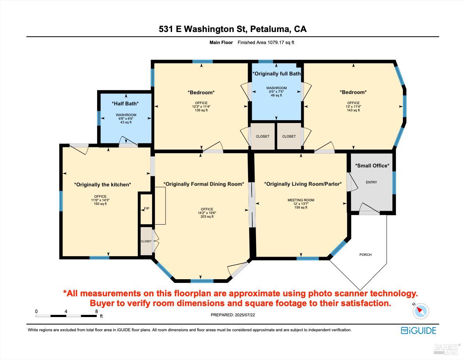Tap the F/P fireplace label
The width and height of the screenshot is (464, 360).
coord(147,209)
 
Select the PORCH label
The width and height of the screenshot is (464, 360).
coord(365,255)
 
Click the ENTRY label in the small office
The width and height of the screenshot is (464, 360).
coord(371,182)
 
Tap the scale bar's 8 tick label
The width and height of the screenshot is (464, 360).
coord(96,311)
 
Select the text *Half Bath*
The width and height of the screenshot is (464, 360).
coord(125,104)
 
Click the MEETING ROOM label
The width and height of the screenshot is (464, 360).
coord(301,200)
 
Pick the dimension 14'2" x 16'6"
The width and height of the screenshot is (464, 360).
coord(207,213)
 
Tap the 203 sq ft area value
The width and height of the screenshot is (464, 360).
coord(207,217)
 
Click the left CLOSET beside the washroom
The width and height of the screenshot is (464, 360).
coord(263,137)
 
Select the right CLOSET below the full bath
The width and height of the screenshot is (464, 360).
coord(289,137)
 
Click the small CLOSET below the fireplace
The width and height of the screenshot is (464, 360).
coord(146,241)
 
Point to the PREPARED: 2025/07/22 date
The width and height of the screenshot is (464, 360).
coord(233,315)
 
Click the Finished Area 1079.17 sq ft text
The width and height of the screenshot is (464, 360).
coord(265,43)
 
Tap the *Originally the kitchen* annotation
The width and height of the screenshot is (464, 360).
coord(103,185)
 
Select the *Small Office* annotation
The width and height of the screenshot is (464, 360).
coord(372,166)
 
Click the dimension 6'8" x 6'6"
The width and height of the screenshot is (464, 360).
coord(126,119)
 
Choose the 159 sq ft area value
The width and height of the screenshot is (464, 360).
coord(301,207)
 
